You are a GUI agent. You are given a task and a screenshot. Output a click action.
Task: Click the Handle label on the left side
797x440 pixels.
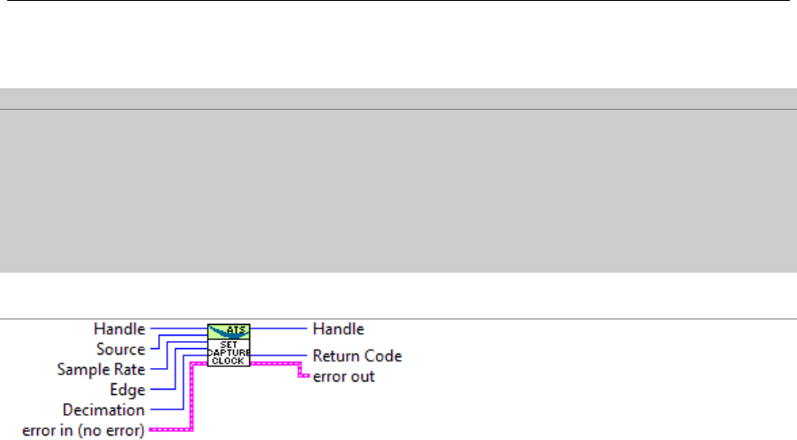[121, 329]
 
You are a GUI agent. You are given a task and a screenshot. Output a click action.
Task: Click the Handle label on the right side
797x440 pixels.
[338, 329]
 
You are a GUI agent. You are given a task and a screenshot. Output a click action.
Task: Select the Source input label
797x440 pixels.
[121, 349]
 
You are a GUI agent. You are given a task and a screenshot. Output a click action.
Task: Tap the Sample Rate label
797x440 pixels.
[101, 369]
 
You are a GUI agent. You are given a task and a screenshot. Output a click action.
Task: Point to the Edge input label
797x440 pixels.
[128, 390]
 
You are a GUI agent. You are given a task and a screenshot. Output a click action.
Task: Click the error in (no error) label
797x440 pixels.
[83, 430]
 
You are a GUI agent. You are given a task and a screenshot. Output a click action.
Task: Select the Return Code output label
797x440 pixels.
[357, 355]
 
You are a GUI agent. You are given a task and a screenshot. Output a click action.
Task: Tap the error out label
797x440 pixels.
[344, 376]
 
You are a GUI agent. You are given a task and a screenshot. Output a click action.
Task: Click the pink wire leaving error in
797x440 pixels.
[171, 430]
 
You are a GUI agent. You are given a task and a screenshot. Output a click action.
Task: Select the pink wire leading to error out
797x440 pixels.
[279, 363]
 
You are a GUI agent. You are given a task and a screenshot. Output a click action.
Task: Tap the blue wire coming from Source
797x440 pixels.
[155, 349]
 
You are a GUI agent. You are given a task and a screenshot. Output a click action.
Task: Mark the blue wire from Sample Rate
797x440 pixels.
[162, 369]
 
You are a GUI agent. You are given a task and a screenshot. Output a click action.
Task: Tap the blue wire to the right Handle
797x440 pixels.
[279, 329]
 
